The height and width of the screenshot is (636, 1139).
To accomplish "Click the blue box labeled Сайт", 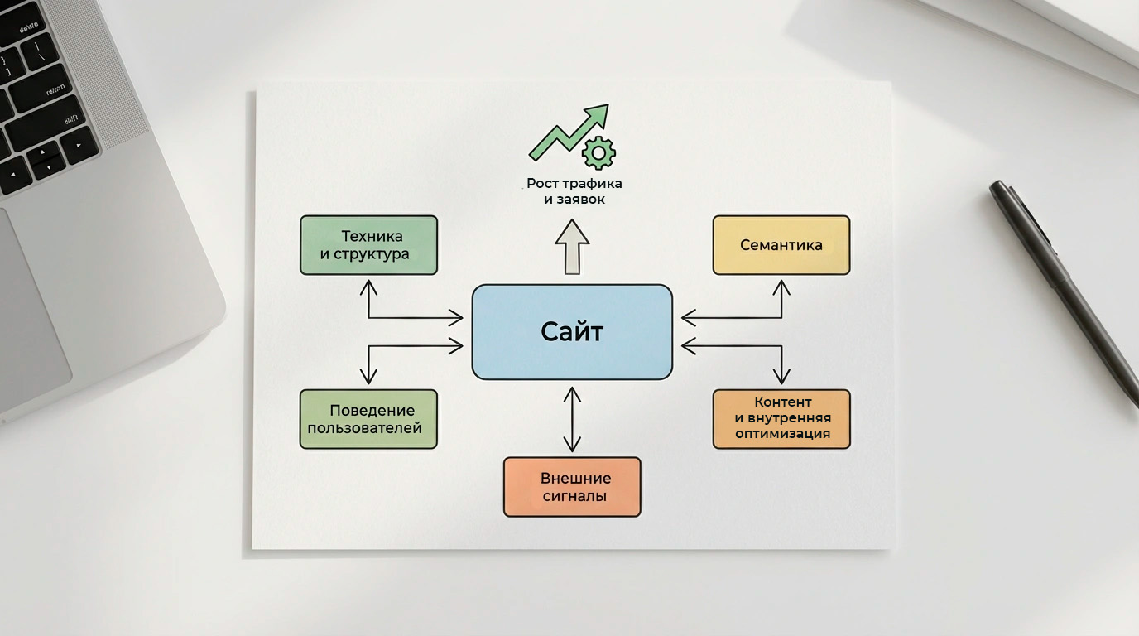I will coord(571,331).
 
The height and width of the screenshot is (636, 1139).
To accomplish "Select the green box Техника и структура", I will coord(368,244).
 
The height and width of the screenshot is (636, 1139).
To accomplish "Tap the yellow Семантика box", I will coord(781,244).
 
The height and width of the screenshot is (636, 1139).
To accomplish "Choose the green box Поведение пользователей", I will coord(368,419).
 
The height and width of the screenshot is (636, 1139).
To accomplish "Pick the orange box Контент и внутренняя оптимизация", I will coord(781,419).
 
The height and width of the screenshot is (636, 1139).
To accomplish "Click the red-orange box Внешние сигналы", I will coord(571,487).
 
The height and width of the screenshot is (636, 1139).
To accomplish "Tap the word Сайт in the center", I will coord(571,331).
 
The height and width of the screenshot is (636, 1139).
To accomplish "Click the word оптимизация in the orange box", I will coord(782,434).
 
